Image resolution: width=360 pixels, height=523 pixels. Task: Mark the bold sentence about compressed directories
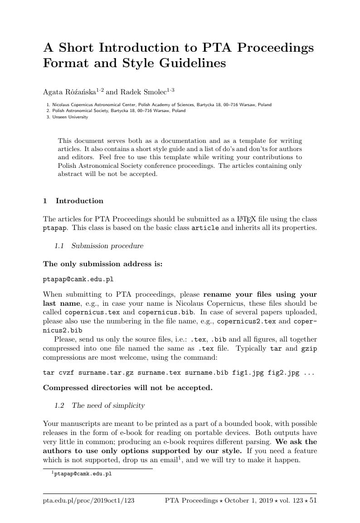click(127, 388)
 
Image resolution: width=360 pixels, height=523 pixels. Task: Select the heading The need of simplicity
click(108, 405)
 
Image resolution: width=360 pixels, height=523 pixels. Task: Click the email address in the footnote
click(83, 474)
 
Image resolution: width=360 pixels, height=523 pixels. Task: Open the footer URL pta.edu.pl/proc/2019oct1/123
click(88, 500)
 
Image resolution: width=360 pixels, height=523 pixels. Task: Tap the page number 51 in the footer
click(313, 500)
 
